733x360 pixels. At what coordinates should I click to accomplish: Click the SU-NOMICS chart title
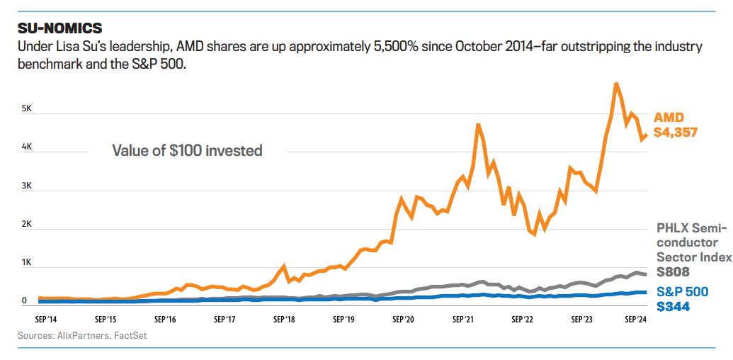(59, 28)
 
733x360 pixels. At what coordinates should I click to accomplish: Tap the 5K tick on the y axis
(26, 109)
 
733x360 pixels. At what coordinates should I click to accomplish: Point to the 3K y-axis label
(26, 186)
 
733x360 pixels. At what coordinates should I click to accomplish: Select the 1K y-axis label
(26, 262)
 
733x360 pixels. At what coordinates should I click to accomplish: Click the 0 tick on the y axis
(24, 300)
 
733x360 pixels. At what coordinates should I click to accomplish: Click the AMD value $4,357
(676, 133)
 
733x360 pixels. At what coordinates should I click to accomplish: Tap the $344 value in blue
(673, 307)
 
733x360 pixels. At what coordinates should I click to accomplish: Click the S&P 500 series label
(681, 291)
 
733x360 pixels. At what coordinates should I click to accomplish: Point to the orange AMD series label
(669, 117)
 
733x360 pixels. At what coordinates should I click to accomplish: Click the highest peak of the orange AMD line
(616, 84)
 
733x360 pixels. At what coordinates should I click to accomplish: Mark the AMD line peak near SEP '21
(479, 125)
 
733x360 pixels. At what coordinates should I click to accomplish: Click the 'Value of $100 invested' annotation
(187, 150)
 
